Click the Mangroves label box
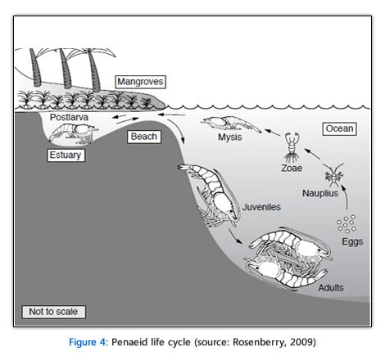140,82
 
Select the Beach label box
144,136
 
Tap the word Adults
331,287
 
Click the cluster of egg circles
346,223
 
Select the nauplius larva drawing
334,175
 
